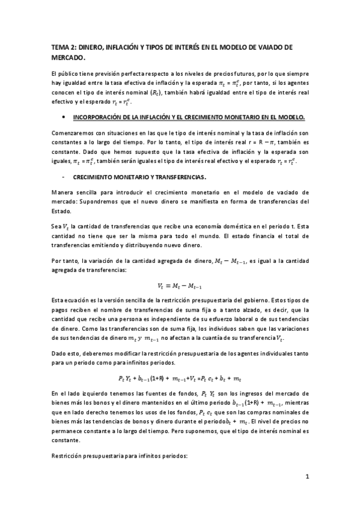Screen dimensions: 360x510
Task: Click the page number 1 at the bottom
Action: click(307, 478)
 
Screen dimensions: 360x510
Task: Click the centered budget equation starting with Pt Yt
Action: click(180, 378)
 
